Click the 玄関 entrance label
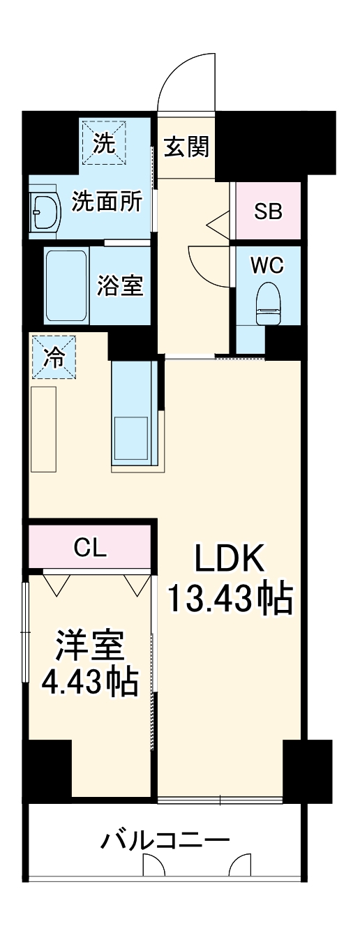pyautogui.click(x=187, y=147)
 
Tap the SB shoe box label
pyautogui.click(x=268, y=212)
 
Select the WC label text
pyautogui.click(x=268, y=266)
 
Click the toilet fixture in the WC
pyautogui.click(x=268, y=304)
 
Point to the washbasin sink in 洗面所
pyautogui.click(x=45, y=209)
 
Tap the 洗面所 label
pyautogui.click(x=107, y=202)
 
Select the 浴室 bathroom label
pyautogui.click(x=119, y=285)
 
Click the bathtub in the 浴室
pyautogui.click(x=66, y=285)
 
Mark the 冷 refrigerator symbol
pyautogui.click(x=52, y=357)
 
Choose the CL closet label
pyautogui.click(x=90, y=548)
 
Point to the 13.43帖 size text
pyautogui.click(x=229, y=599)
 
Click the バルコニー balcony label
pyautogui.click(x=165, y=839)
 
